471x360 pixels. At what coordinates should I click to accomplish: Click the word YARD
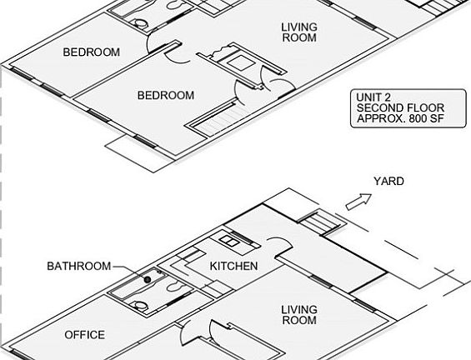coord(388,182)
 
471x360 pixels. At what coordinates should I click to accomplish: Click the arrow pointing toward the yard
coord(359,202)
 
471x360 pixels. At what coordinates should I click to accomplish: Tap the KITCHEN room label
coord(233,266)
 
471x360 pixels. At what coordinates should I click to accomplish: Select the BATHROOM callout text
coord(79,266)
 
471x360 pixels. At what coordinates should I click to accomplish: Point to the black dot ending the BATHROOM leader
coord(148,279)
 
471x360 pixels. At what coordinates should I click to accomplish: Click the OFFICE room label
coord(85,335)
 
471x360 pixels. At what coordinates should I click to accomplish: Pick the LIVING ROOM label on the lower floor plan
coord(299,315)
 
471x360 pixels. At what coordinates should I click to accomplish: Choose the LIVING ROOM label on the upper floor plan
coord(299,32)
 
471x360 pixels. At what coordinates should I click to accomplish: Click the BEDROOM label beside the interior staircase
coord(166,96)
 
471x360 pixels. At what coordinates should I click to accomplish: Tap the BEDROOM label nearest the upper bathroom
coord(92,52)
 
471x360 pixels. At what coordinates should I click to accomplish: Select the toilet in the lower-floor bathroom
coord(140,305)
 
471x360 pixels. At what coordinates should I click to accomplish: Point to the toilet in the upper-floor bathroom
coord(140,23)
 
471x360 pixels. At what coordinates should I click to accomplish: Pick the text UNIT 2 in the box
coord(373,97)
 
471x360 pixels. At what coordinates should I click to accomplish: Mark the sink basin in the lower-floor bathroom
coord(175,287)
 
